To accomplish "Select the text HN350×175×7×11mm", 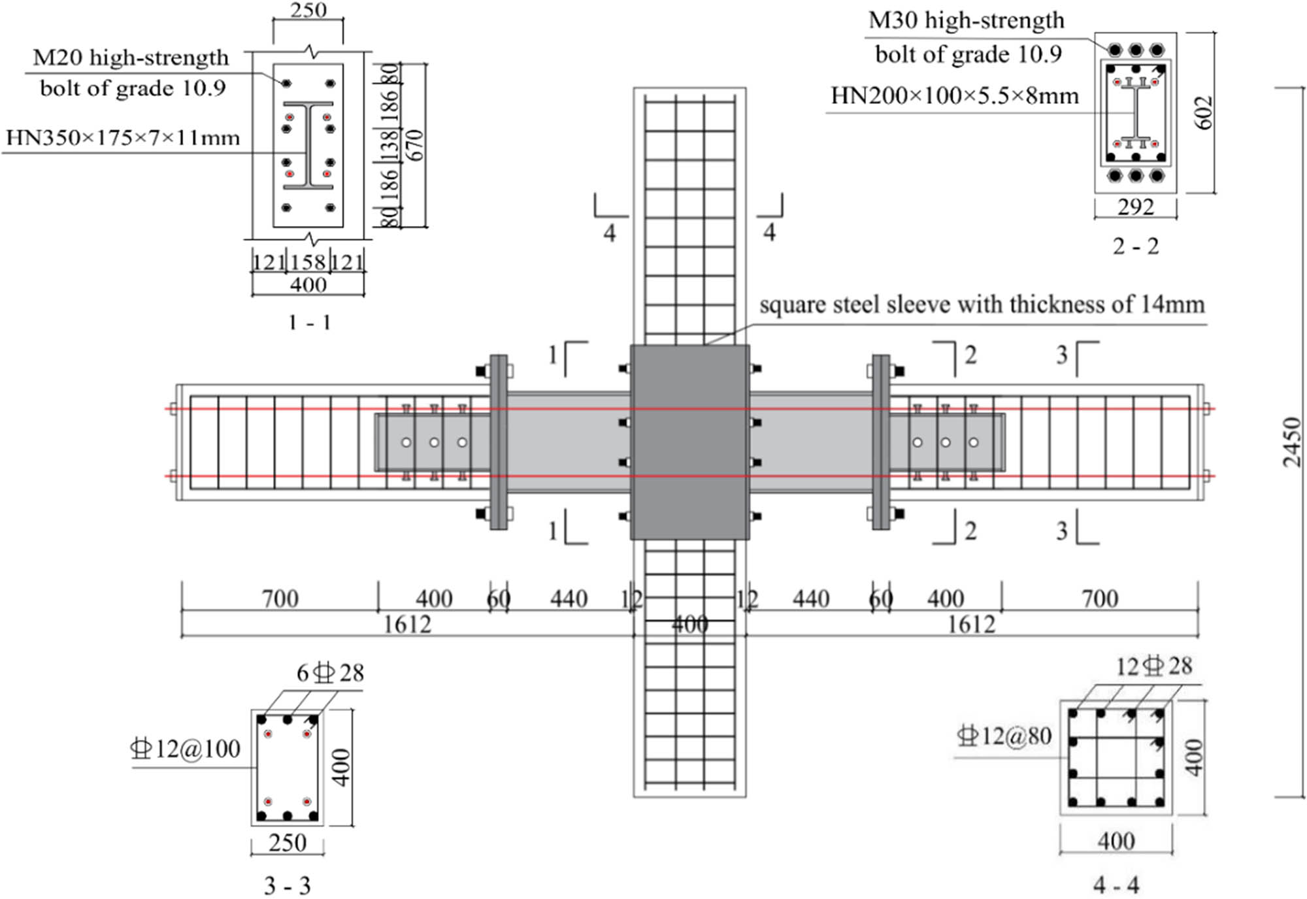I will click(123, 138).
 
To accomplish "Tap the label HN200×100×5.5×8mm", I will click(954, 96).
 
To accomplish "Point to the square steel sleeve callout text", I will click(982, 304).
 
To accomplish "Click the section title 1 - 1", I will click(309, 322).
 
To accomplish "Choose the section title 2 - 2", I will click(1135, 246).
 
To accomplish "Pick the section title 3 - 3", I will click(287, 886).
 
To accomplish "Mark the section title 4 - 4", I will click(1116, 885).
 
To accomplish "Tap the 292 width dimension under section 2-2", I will click(1136, 207).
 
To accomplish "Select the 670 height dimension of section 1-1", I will click(416, 145).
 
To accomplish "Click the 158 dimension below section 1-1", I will click(308, 263).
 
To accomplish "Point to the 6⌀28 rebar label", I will click(330, 673).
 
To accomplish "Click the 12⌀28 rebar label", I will click(1153, 666).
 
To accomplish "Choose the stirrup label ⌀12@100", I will click(186, 749).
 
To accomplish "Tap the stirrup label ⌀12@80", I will click(1004, 736).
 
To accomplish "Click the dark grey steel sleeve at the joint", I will click(689, 442).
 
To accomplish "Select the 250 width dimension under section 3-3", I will click(288, 843).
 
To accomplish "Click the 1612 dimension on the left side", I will click(406, 625).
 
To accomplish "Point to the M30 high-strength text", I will click(966, 21).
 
